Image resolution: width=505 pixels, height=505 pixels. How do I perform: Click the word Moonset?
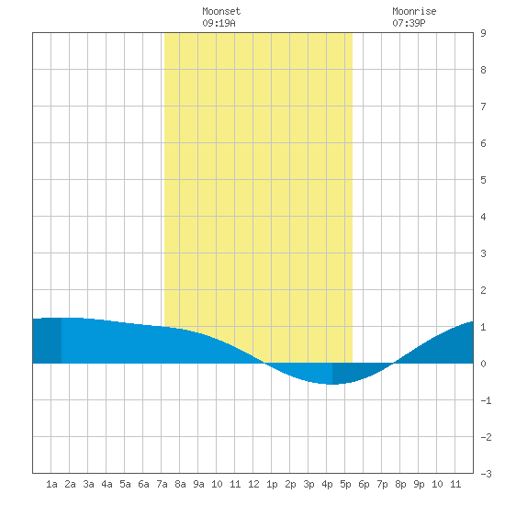point(221,11)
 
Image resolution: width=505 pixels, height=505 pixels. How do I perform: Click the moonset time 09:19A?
point(219,23)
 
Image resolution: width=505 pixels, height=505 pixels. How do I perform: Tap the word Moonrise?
point(414,11)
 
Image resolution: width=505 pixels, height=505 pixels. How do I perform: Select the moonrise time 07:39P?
point(409,23)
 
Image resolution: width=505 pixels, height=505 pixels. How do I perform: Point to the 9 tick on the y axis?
point(483,33)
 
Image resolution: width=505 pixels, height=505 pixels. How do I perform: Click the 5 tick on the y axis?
point(483,180)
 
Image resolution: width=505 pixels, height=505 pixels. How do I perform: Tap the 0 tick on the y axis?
point(483,364)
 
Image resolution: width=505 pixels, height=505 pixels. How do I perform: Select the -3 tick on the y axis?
point(486,474)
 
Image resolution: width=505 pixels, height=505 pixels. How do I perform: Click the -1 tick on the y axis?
point(486,400)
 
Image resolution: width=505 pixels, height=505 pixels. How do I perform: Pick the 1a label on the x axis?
point(51,484)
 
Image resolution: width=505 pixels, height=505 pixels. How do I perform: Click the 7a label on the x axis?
point(162,484)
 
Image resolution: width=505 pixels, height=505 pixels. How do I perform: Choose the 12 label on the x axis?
point(253,484)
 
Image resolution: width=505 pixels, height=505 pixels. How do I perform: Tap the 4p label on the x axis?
point(327,484)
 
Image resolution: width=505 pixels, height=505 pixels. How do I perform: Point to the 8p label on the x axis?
point(400,484)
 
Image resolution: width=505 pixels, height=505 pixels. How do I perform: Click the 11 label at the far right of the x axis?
point(455,484)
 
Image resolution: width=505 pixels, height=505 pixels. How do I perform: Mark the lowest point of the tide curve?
point(332,384)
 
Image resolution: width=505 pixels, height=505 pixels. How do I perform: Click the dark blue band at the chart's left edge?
point(47,341)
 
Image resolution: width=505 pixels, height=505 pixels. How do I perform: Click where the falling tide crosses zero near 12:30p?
point(264,363)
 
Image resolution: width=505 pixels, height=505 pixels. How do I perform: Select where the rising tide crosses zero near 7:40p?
point(394,363)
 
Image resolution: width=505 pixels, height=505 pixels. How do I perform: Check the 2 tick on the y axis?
point(483,290)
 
